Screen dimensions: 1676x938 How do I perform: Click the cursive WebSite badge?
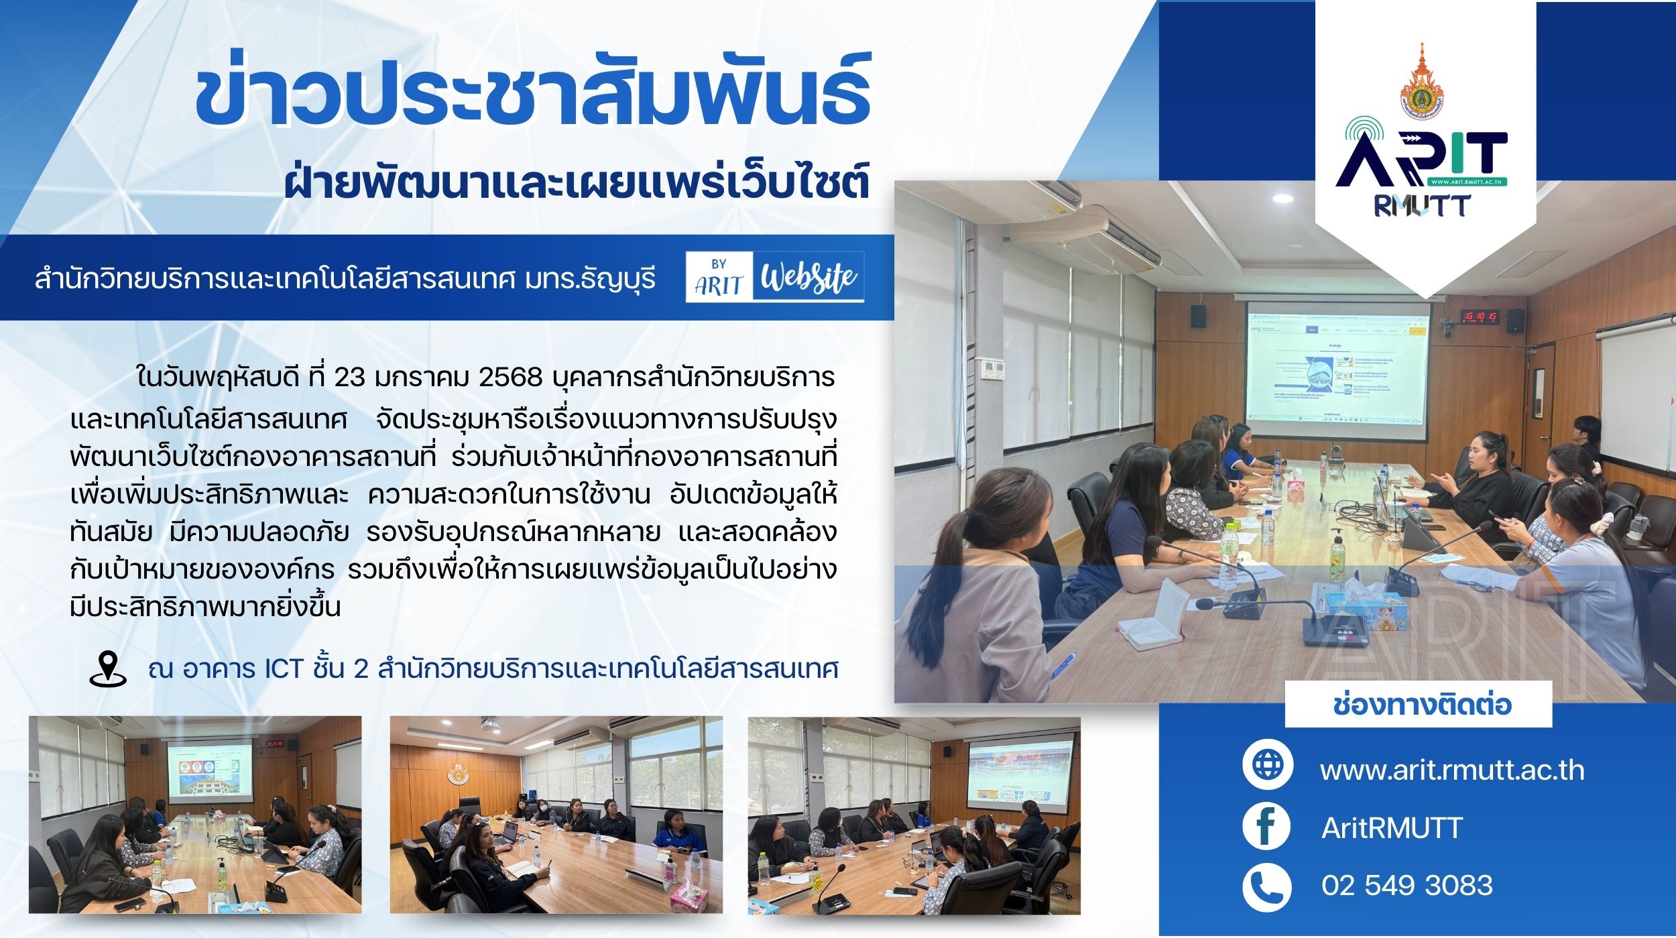pyautogui.click(x=811, y=276)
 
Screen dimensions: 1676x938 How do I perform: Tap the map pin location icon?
pyautogui.click(x=108, y=668)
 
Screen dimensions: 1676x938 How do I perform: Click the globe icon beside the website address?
pyautogui.click(x=1267, y=764)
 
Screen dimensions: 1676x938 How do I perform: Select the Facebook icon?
pyautogui.click(x=1267, y=827)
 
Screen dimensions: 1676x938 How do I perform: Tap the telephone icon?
pyautogui.click(x=1267, y=886)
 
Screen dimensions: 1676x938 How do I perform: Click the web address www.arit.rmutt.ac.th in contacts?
pyautogui.click(x=1452, y=770)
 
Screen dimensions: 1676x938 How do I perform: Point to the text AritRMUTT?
pyautogui.click(x=1392, y=828)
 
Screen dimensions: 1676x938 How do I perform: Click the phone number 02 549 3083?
pyautogui.click(x=1407, y=886)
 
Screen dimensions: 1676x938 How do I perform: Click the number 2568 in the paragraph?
pyautogui.click(x=511, y=378)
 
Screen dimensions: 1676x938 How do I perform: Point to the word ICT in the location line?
pyautogui.click(x=276, y=669)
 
